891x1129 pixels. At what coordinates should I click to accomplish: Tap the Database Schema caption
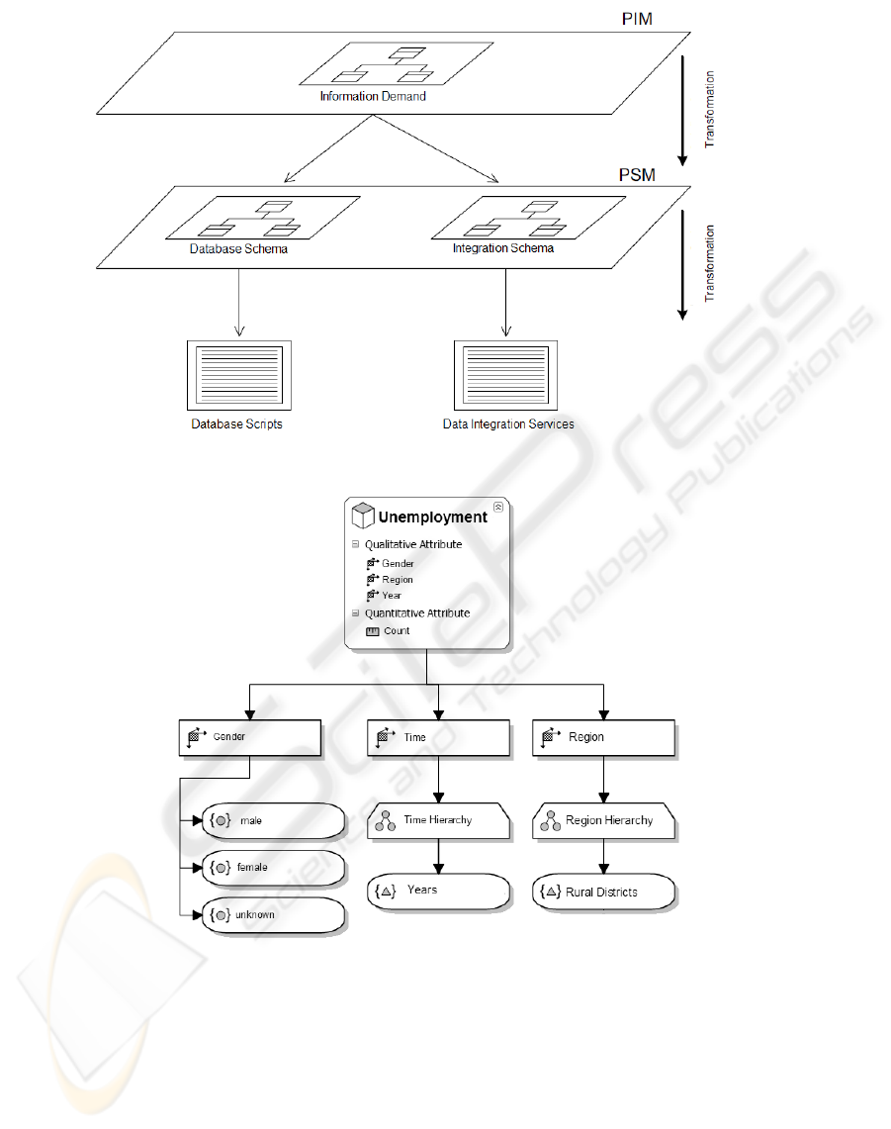click(238, 249)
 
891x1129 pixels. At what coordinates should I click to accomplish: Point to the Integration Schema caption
click(503, 249)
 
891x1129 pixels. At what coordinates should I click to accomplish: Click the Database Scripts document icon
click(235, 375)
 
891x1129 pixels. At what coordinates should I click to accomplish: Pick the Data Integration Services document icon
click(505, 375)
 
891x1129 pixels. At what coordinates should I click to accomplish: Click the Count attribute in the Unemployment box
click(397, 630)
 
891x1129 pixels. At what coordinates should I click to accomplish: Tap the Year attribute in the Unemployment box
click(392, 596)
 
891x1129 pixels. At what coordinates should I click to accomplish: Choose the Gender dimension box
click(250, 737)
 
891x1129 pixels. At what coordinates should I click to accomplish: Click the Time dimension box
click(438, 737)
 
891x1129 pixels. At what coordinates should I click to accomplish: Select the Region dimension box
click(604, 737)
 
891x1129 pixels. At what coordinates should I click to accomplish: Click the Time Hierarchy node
click(439, 820)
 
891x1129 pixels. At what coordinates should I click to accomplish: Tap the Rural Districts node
click(604, 892)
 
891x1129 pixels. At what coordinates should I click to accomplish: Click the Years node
click(438, 891)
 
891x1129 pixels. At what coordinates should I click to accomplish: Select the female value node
click(273, 867)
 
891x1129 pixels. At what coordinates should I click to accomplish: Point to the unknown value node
click(273, 915)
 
